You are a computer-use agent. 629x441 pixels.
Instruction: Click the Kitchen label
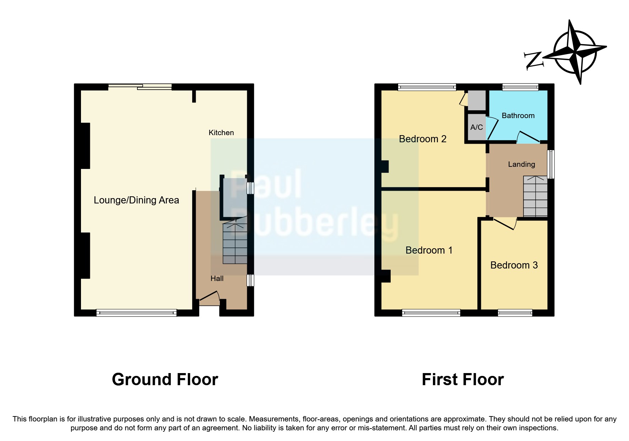[x=221, y=133]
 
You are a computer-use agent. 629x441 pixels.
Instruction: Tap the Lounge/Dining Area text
[x=136, y=200]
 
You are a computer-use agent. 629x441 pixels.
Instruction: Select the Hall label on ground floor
[x=217, y=278]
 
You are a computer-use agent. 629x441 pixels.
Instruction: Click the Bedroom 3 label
[x=514, y=265]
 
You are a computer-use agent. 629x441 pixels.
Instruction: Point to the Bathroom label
[x=518, y=116]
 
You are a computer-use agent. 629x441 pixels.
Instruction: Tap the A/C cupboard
[x=476, y=127]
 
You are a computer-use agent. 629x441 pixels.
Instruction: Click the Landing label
[x=521, y=164]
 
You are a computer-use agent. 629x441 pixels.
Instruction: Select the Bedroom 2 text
[x=422, y=139]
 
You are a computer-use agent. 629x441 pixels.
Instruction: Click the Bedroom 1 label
[x=429, y=250]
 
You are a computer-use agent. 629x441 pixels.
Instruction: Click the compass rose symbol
[x=575, y=52]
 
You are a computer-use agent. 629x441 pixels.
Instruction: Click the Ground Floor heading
[x=165, y=379]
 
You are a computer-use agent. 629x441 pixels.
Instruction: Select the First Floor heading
[x=462, y=379]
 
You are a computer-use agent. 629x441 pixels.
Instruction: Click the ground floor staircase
[x=235, y=243]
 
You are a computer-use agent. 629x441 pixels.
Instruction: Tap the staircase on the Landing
[x=535, y=196]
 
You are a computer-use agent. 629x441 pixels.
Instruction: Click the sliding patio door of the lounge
[x=140, y=86]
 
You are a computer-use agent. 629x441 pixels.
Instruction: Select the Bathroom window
[x=520, y=87]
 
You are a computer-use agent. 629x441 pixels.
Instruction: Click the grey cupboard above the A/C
[x=476, y=100]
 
